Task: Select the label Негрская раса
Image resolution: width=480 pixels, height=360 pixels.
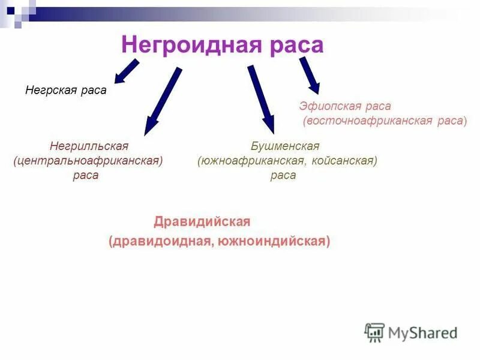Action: (x=65, y=91)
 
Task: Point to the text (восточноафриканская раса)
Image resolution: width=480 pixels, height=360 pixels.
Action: (x=385, y=121)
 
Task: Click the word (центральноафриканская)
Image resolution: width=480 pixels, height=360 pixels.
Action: (x=88, y=161)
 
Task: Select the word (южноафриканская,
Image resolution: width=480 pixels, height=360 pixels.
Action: (x=253, y=161)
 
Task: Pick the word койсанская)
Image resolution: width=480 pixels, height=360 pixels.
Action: (x=344, y=161)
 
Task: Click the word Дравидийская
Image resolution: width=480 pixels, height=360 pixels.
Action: (x=202, y=221)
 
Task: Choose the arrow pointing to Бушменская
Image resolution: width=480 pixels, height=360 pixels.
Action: (x=261, y=99)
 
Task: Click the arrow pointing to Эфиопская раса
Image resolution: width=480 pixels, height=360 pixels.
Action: (x=310, y=75)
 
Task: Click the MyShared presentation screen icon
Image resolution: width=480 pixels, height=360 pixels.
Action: (x=374, y=332)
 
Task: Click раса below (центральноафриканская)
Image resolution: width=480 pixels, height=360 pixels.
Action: (x=85, y=175)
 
